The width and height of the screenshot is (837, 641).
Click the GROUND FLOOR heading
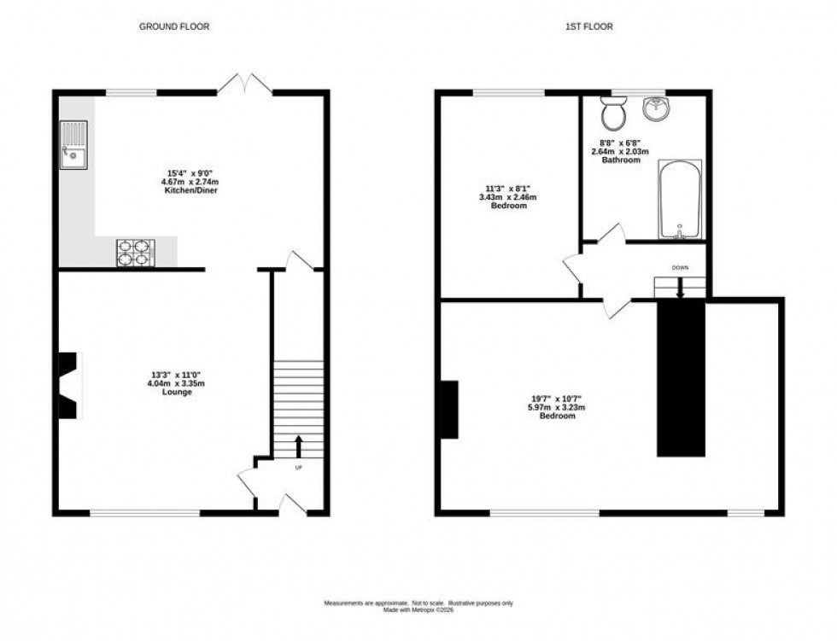click(174, 26)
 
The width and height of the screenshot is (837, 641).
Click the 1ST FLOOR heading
click(588, 26)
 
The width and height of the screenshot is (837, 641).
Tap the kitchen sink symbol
click(73, 144)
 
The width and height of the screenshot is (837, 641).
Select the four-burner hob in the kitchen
click(137, 252)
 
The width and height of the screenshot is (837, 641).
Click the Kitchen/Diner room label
click(192, 191)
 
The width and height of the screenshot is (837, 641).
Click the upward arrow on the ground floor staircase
click(298, 446)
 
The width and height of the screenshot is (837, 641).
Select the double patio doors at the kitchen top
click(245, 84)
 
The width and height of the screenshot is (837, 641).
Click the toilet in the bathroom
click(612, 111)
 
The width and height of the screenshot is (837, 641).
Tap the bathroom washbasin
click(654, 108)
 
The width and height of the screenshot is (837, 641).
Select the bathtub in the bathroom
click(680, 201)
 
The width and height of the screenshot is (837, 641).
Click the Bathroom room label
click(620, 160)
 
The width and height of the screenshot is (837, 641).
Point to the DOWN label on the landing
click(680, 268)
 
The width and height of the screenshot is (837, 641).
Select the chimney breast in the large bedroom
click(448, 409)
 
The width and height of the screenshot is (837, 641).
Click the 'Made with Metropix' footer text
click(418, 609)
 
